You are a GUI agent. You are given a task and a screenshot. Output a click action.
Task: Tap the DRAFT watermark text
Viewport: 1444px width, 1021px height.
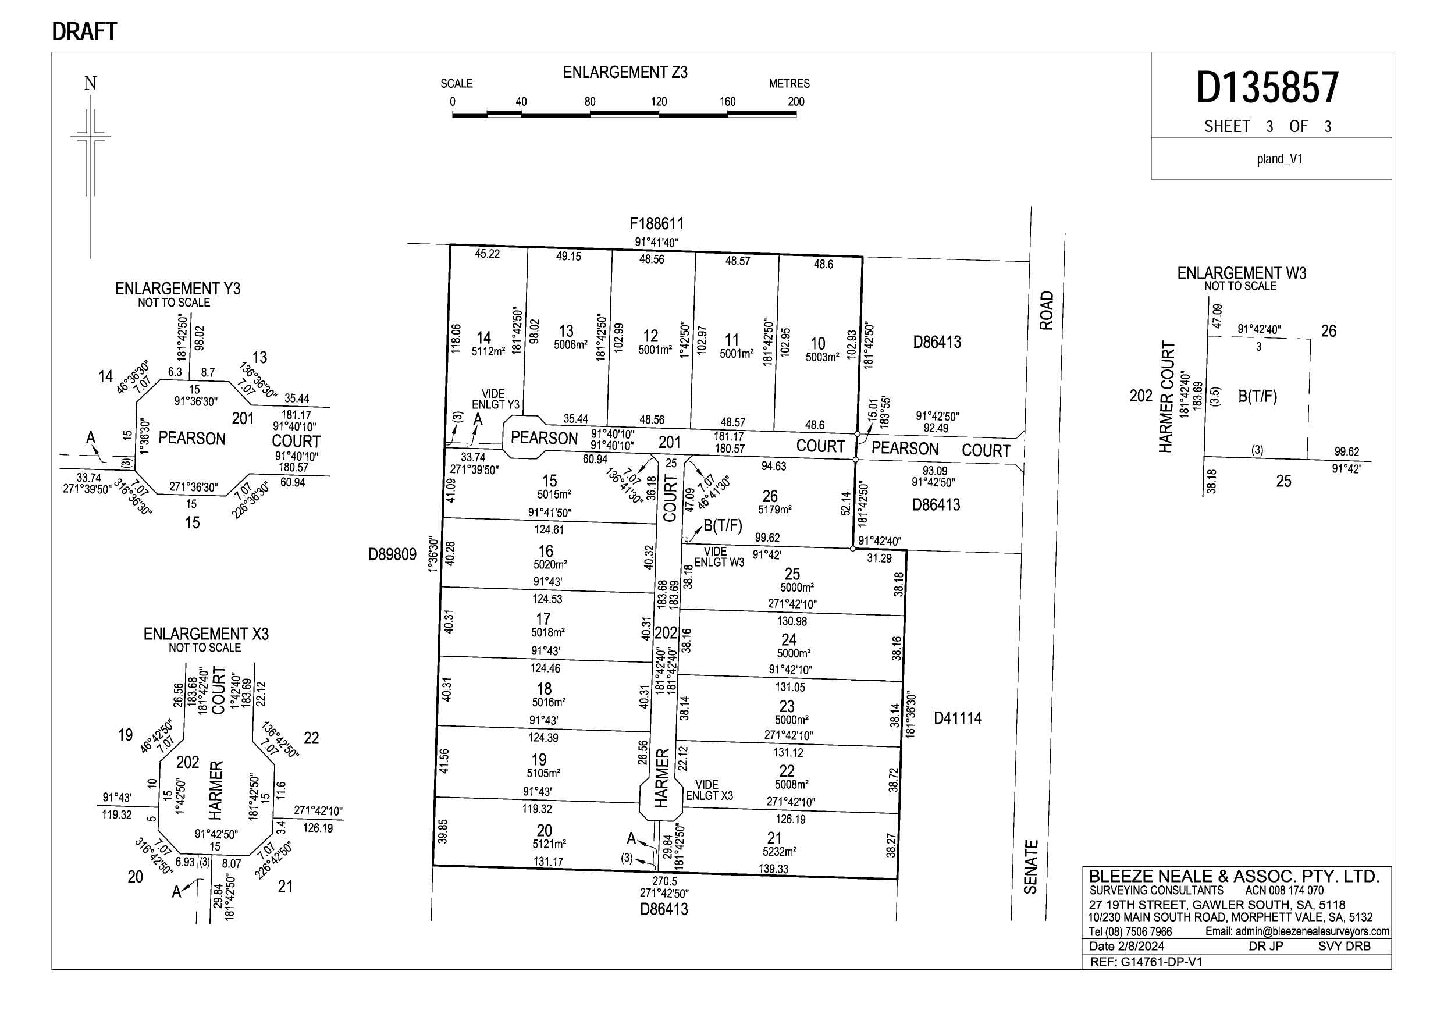tap(84, 31)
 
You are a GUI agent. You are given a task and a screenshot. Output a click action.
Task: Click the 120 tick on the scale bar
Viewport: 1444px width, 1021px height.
tap(659, 102)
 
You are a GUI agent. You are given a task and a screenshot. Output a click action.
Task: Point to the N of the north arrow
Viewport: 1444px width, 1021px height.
tap(91, 84)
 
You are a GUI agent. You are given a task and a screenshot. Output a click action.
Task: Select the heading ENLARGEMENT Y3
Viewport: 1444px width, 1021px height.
tap(177, 289)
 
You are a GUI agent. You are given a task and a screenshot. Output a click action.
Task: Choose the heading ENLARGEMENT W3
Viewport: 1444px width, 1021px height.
tap(1242, 273)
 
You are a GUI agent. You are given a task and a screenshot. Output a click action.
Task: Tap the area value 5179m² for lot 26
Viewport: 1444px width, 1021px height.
tap(774, 510)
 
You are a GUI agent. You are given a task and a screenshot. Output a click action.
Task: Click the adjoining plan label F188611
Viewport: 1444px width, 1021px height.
tap(656, 224)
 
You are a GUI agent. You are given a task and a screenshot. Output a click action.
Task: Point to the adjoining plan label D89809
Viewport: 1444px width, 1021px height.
tap(393, 555)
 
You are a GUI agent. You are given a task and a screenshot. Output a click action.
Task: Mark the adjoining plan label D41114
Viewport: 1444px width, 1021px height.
tap(957, 718)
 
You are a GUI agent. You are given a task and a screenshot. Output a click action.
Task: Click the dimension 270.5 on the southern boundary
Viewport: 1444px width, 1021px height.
tap(664, 882)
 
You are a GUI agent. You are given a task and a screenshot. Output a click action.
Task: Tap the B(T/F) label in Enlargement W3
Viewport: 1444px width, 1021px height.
tap(1257, 397)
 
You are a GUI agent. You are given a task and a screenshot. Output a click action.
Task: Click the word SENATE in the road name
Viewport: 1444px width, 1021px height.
tap(1030, 867)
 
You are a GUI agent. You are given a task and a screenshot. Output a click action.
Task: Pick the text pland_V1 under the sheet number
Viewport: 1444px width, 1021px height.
tap(1279, 159)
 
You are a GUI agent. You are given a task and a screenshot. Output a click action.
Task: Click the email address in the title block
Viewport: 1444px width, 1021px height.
tap(1297, 931)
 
